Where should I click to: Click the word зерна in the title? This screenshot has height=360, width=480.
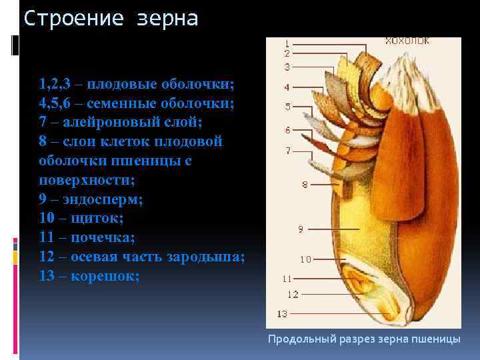168,19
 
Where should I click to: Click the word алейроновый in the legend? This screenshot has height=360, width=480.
110,123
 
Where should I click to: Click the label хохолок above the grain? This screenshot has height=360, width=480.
407,41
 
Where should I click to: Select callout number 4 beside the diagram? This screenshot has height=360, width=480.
287,87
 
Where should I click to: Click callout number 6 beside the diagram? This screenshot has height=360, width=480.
287,129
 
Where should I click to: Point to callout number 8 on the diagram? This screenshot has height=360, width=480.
304,184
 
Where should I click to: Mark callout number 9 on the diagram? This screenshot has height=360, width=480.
301,229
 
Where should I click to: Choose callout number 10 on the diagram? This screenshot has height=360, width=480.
305,259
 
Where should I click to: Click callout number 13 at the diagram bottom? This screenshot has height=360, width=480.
282,313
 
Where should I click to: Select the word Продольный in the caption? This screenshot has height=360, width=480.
297,339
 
